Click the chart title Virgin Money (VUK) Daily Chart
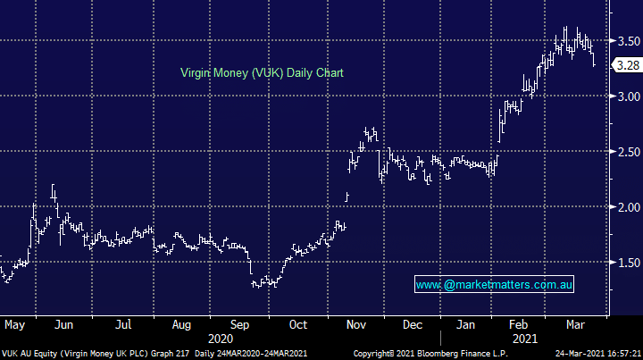[x=262, y=72]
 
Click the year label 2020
[x=220, y=339]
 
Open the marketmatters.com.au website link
[x=495, y=285]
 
